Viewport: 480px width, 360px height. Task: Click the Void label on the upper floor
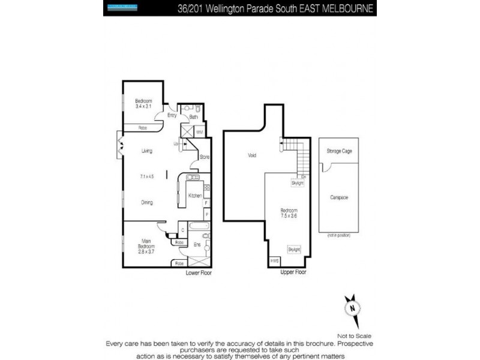[x=252, y=155]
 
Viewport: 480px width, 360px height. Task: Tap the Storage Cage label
[x=339, y=151]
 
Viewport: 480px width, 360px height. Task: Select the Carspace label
[x=339, y=197]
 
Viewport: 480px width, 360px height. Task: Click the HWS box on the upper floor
[x=275, y=261]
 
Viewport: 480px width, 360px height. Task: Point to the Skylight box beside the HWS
[x=293, y=249]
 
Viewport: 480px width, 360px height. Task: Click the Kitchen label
[x=195, y=196]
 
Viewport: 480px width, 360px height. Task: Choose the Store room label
[x=203, y=157]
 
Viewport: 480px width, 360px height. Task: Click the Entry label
[x=172, y=115]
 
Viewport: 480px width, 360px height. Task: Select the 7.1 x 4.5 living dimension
[x=147, y=176]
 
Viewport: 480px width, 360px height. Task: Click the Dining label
[x=147, y=202]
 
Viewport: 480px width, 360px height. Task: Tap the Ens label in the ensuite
[x=196, y=244]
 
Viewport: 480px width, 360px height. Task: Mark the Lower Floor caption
[x=199, y=272]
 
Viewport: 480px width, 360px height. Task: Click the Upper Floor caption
[x=293, y=272]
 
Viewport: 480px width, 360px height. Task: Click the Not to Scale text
[x=355, y=337]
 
